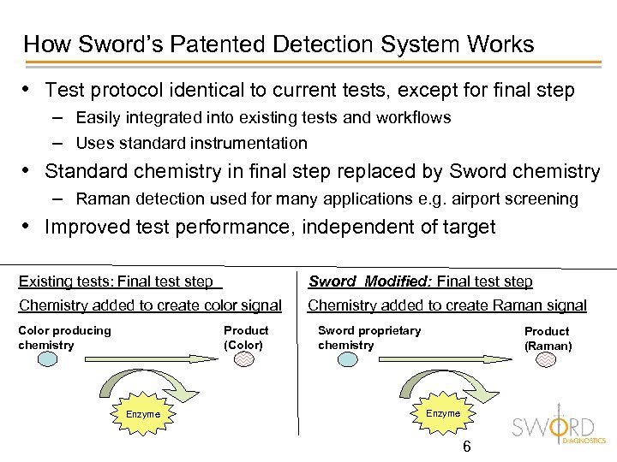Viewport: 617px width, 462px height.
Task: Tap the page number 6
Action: pos(466,447)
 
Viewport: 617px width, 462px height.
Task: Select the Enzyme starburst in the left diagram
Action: pos(143,413)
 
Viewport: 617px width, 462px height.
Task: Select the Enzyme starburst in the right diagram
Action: pos(443,412)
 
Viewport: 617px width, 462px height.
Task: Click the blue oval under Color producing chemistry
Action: pos(35,359)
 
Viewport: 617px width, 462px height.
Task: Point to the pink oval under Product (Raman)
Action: pos(546,360)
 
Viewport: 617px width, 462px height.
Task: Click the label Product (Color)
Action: pos(246,337)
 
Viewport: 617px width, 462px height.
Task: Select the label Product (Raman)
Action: pos(547,338)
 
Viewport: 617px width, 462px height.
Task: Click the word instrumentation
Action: pos(249,143)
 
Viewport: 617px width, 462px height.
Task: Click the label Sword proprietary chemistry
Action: pos(369,337)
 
